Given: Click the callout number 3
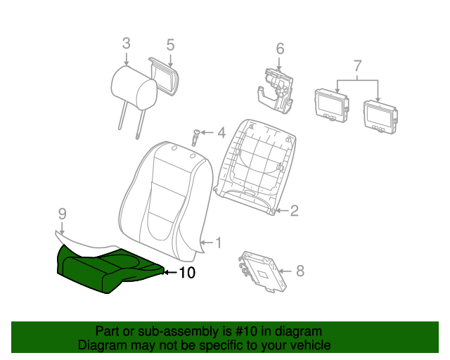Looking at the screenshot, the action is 127,44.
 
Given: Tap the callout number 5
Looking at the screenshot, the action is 170,45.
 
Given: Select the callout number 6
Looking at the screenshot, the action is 280,49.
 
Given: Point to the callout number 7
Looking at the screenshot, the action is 357,65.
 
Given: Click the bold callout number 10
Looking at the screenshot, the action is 187,273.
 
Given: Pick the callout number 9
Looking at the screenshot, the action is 63,214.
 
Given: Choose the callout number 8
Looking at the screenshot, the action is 300,271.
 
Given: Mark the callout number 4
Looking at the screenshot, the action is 221,133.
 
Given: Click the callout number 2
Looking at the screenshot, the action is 295,211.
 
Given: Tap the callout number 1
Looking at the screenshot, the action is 219,243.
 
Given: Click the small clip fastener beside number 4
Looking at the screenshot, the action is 196,138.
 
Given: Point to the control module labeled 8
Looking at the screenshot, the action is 262,271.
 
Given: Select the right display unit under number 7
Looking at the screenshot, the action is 380,117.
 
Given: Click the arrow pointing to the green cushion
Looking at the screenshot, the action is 170,272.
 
